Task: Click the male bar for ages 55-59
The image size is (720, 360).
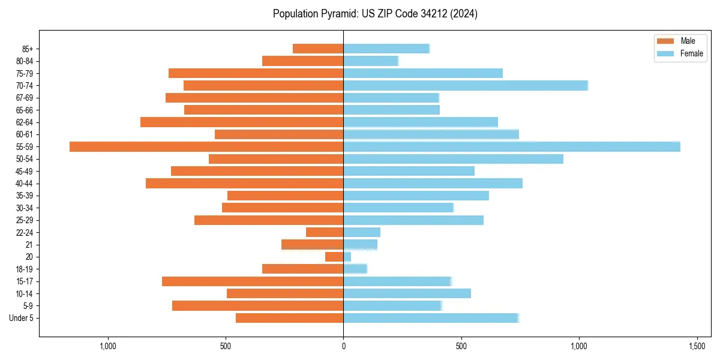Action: pos(206,146)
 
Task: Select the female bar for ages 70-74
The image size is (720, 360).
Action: pos(466,85)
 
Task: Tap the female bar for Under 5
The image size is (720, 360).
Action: pos(431,318)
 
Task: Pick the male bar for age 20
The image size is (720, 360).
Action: pos(334,257)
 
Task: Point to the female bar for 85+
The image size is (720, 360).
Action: pos(386,49)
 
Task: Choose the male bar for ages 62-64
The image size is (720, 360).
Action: pos(242,122)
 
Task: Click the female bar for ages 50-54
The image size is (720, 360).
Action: pos(453,159)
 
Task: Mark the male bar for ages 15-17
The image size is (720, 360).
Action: pos(253,281)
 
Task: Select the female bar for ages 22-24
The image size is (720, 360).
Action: pos(362,232)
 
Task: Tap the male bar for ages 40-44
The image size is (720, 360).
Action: pos(244,183)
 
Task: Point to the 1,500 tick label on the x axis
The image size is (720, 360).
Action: pos(697,346)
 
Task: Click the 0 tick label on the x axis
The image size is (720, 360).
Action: pos(343,346)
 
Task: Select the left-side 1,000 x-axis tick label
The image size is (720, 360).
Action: pos(108,346)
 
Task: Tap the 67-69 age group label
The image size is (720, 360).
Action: pos(25,98)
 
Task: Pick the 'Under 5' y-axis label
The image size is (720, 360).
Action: pos(21,318)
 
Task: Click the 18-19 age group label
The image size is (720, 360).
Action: pos(25,269)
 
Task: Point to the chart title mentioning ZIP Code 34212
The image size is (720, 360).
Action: pos(375,14)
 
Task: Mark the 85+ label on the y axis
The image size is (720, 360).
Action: pos(28,49)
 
